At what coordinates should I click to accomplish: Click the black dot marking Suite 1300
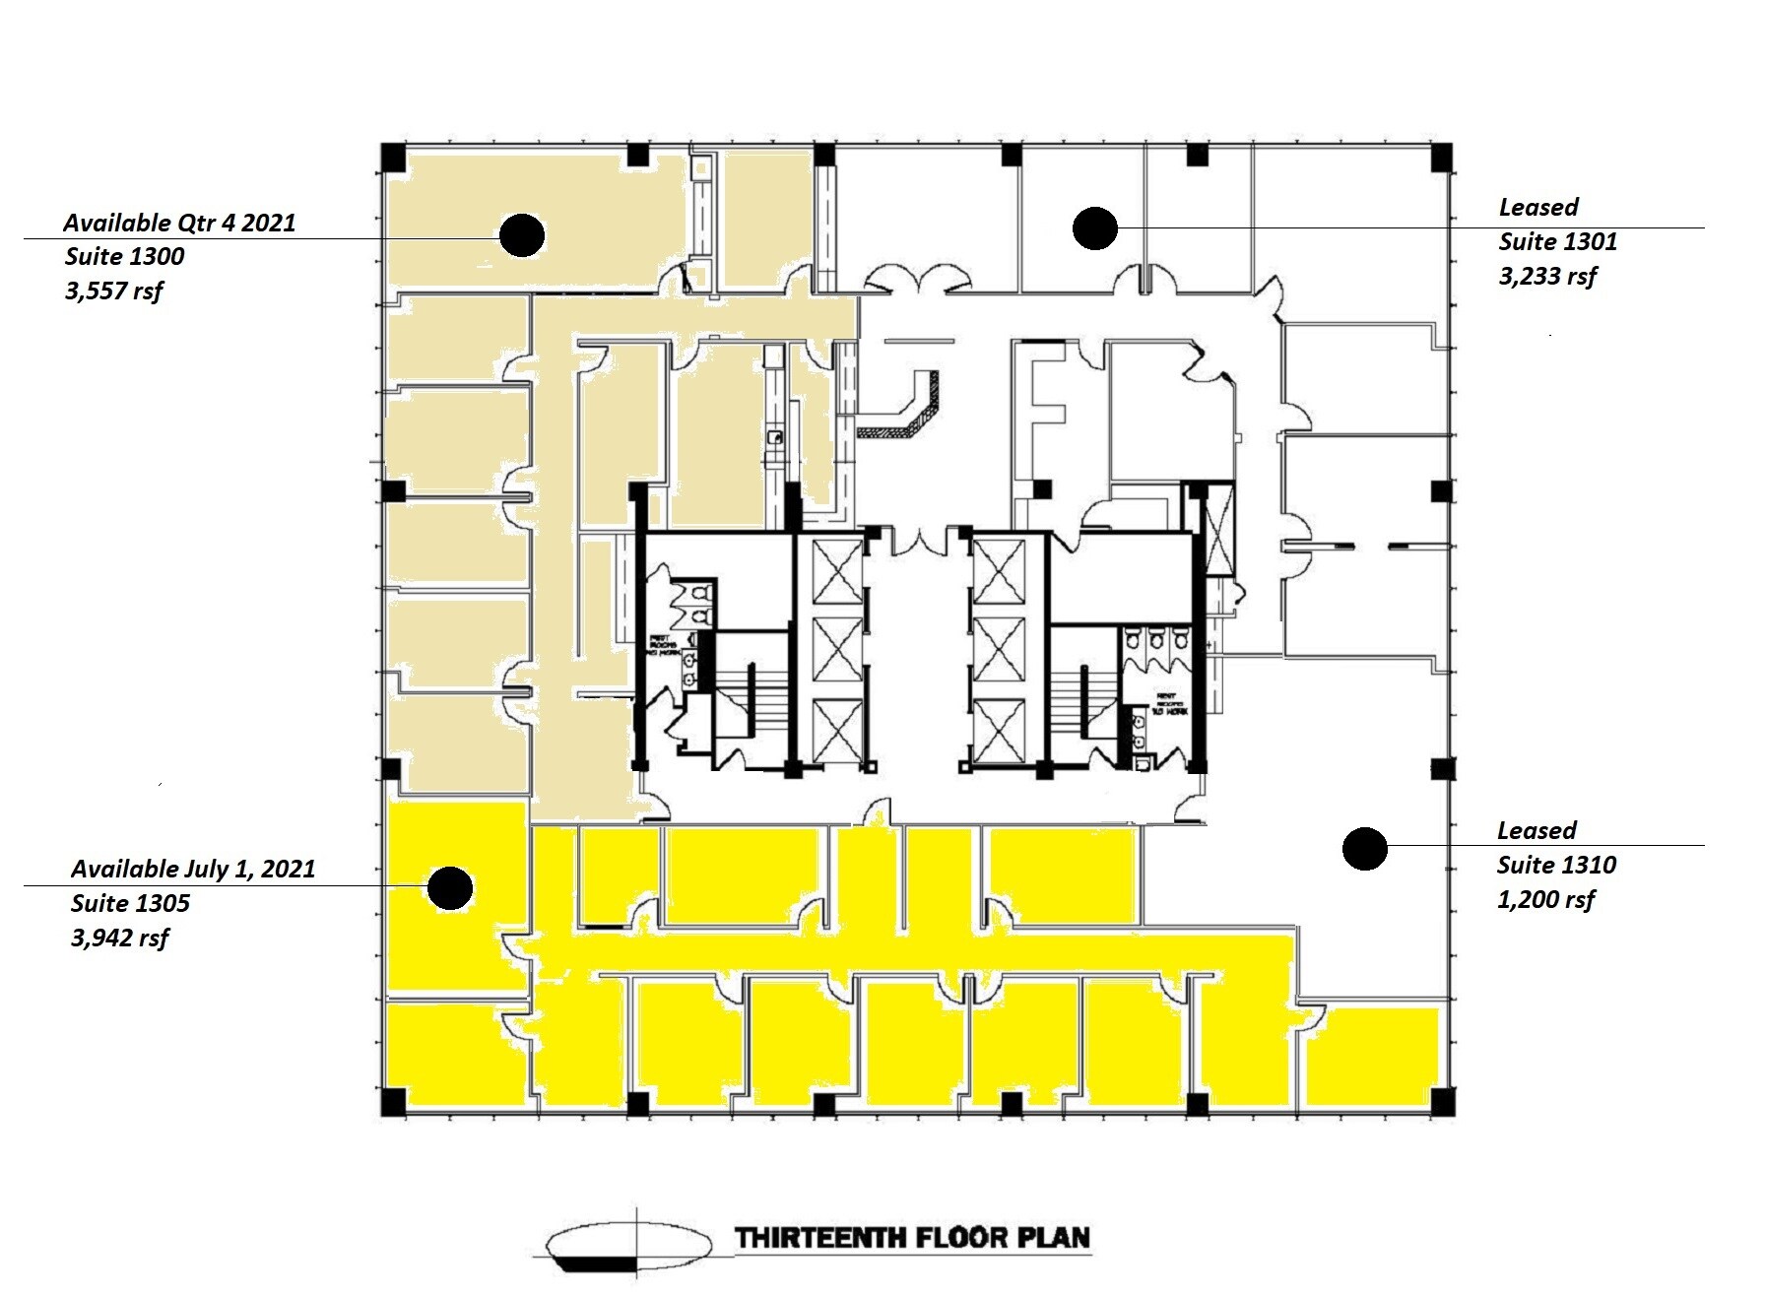coord(521,234)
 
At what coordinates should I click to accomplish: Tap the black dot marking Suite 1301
coord(1094,228)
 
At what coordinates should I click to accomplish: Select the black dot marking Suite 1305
coord(450,888)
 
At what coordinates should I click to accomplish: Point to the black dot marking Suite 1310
coord(1365,848)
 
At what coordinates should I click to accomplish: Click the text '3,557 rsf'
coord(114,291)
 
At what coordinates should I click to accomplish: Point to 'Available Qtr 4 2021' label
coord(179,223)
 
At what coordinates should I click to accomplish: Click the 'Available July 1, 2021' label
coord(193,869)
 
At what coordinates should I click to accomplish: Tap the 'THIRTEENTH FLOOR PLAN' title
coord(913,1238)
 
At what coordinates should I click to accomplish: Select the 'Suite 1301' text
coord(1558,242)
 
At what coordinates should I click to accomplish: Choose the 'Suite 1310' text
coord(1556,865)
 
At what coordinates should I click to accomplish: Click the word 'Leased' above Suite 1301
coord(1538,208)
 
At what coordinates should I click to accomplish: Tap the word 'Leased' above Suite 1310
coord(1536,830)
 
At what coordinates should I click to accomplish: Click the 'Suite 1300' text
coord(125,257)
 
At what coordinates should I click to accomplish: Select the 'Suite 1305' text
coord(130,903)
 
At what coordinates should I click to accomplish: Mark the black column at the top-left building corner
coord(394,157)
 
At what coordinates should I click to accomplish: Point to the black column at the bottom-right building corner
coord(1441,1102)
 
